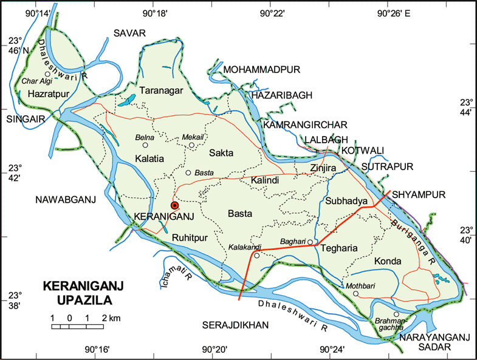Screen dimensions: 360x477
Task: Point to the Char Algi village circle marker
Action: click(47, 74)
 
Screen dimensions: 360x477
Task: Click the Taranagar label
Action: click(161, 90)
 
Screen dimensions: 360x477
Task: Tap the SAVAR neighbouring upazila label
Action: click(130, 33)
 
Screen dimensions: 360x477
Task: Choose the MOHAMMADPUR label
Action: click(262, 70)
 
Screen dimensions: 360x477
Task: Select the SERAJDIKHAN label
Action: click(235, 326)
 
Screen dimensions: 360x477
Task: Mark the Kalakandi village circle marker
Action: click(256, 256)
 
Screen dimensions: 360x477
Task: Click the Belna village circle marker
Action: click(145, 145)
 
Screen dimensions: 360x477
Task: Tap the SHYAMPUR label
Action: click(419, 194)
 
